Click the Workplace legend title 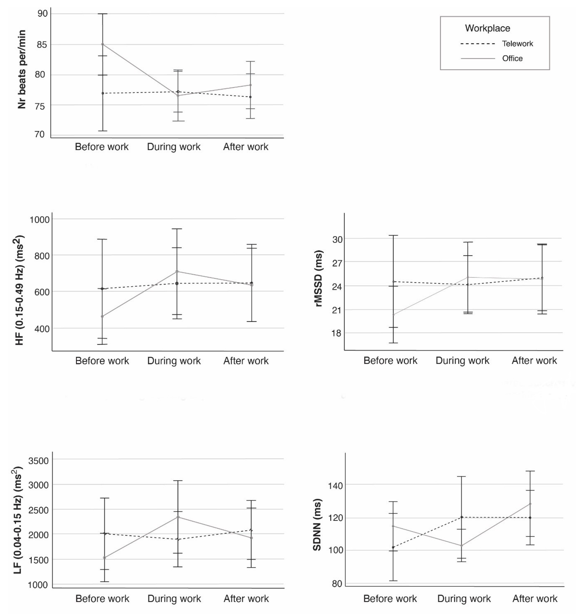pyautogui.click(x=487, y=28)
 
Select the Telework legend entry pyautogui.click(x=517, y=44)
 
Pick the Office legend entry pyautogui.click(x=512, y=58)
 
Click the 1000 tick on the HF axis pyautogui.click(x=39, y=220)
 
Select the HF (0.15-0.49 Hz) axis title pyautogui.click(x=19, y=290)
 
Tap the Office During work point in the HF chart pyautogui.click(x=177, y=271)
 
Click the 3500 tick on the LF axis pyautogui.click(x=39, y=461)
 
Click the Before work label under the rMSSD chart pyautogui.click(x=390, y=360)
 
